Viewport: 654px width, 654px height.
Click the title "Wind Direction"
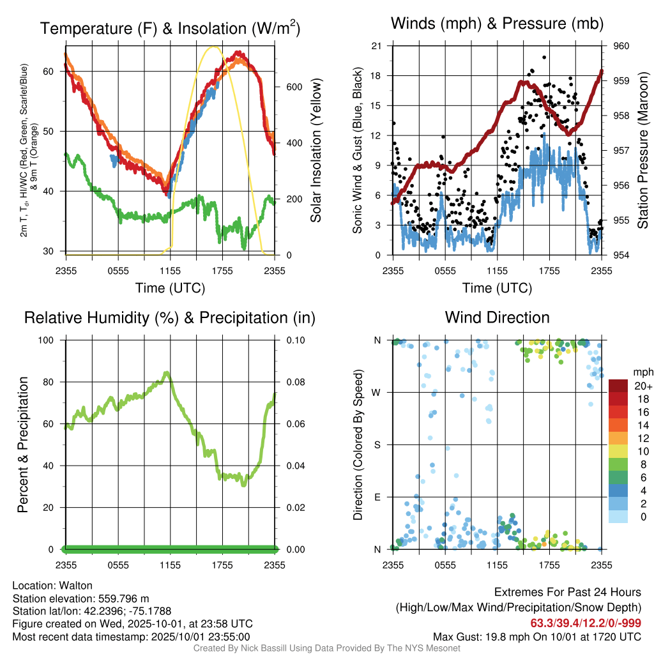[497, 317]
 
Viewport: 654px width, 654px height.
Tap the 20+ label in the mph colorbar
[642, 386]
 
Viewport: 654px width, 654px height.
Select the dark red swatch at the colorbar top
[619, 386]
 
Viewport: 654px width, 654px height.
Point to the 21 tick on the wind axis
[377, 46]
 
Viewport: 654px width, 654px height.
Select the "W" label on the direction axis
[377, 393]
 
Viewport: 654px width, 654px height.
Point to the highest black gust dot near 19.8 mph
[544, 57]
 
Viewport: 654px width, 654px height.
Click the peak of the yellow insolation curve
[214, 47]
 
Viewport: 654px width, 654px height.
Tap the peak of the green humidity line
[167, 373]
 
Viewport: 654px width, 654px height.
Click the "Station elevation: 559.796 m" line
[80, 598]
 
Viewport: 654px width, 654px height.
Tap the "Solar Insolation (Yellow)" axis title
[316, 151]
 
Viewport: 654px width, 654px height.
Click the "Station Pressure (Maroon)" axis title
[643, 151]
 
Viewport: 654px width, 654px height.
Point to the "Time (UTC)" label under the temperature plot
[170, 288]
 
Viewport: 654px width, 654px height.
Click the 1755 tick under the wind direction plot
[549, 565]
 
